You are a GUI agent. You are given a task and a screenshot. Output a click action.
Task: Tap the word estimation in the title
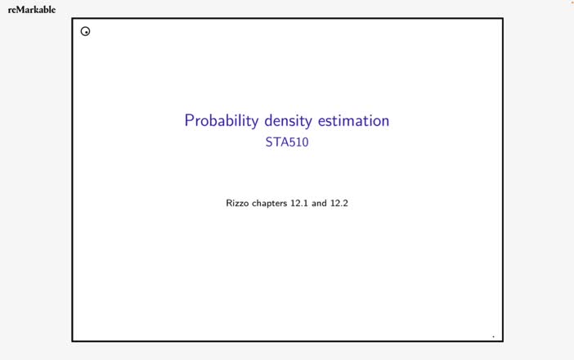[353, 120]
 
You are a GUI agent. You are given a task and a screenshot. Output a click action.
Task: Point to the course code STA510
[287, 142]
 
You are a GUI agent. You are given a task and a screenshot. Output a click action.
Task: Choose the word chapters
[271, 203]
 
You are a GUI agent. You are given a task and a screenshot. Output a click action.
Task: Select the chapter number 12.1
[299, 203]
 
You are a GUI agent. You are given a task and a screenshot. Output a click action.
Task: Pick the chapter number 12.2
[339, 203]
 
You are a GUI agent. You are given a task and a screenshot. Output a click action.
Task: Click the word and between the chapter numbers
[319, 203]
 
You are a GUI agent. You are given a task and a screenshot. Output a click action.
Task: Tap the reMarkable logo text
[32, 10]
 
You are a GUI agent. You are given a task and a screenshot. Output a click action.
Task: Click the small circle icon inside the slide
[85, 32]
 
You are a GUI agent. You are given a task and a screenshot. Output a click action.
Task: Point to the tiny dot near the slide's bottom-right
[493, 336]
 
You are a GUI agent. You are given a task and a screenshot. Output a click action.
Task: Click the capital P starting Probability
[189, 120]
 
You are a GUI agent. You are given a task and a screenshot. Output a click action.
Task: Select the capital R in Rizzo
[230, 203]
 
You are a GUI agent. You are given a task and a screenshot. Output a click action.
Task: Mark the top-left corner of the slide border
[73, 19]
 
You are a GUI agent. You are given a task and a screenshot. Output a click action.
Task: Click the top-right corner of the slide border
[502, 19]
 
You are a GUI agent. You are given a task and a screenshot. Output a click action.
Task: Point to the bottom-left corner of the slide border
[73, 340]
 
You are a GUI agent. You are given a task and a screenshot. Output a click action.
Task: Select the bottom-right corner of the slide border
[502, 340]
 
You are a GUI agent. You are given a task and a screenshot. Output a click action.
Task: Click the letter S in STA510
[269, 142]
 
